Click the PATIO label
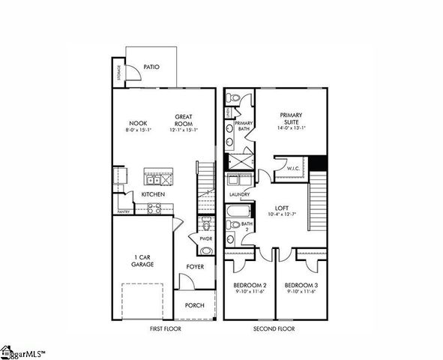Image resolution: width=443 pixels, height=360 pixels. point(151,67)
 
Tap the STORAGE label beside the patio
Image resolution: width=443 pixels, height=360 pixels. point(119,73)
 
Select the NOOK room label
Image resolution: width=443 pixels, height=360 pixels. point(137,123)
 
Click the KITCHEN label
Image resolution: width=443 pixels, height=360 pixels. point(153,195)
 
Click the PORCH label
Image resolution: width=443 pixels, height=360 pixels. point(195,304)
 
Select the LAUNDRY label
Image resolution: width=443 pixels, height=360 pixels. point(239,194)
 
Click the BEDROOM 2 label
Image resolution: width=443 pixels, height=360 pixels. point(249,286)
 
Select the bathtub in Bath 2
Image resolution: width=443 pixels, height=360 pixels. point(232,223)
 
